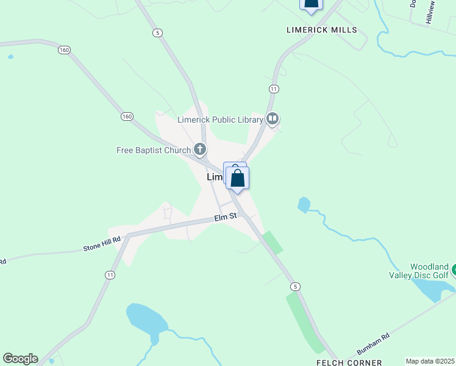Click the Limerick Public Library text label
point(220,120)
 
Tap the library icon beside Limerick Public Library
point(273,118)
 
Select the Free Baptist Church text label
point(154,150)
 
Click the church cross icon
point(200,148)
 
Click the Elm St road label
point(225,217)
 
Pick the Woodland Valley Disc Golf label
point(429,271)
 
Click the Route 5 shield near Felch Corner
point(296,286)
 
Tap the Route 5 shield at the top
point(158,33)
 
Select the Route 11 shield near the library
point(274,89)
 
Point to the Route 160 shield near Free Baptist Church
point(127,116)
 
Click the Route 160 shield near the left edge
point(64,49)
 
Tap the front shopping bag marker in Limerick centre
point(237,179)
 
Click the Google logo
point(20,359)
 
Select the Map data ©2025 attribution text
point(430,361)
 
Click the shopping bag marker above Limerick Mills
point(312,4)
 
